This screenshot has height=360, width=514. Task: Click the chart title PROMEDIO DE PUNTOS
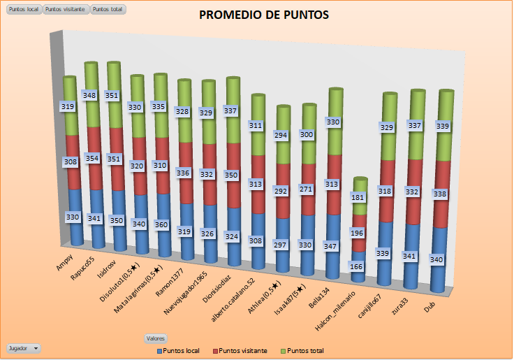pos(263,15)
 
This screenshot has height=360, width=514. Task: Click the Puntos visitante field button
pos(66,10)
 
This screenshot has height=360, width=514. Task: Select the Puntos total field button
pos(108,10)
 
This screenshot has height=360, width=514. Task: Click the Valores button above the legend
pos(155,338)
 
